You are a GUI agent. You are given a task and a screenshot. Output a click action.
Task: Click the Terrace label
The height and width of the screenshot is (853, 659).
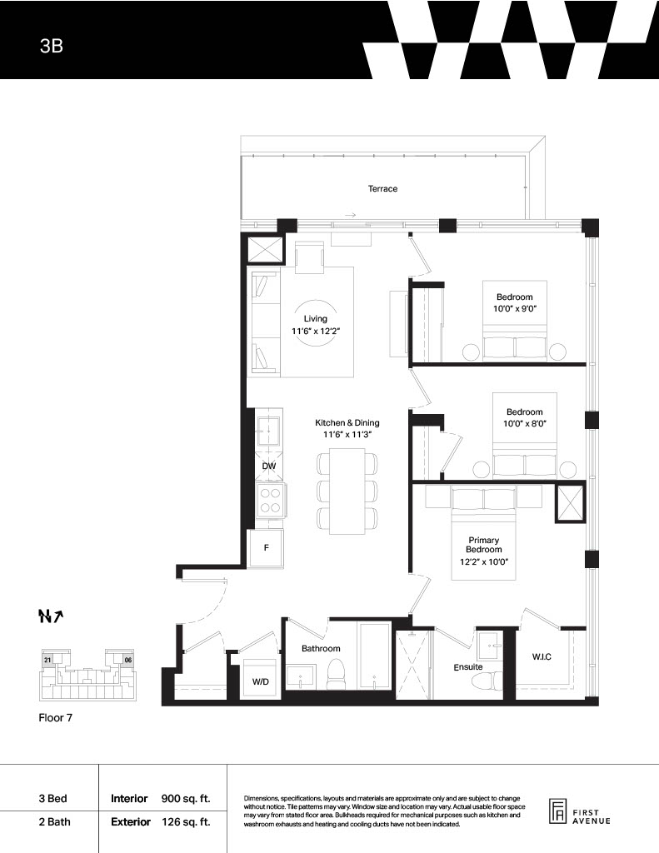(382, 189)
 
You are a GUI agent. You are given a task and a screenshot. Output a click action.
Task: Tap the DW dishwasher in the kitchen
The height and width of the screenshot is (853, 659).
(269, 466)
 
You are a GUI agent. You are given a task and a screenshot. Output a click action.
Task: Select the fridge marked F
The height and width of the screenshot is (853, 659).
(266, 548)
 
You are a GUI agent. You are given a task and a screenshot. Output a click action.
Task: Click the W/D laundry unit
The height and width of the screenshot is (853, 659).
(261, 677)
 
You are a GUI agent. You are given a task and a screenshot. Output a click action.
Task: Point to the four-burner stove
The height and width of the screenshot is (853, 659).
(269, 500)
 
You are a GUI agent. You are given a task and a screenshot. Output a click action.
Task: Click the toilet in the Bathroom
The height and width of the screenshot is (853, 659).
(335, 675)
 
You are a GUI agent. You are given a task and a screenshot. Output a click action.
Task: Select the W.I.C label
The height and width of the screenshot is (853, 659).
(542, 656)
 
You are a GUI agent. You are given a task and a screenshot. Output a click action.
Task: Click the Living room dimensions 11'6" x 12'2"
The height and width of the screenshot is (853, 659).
(316, 331)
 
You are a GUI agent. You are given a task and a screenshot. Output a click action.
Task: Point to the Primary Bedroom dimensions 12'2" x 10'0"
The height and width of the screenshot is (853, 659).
(484, 561)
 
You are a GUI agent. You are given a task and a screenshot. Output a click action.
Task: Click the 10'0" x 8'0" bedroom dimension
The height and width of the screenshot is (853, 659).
(525, 423)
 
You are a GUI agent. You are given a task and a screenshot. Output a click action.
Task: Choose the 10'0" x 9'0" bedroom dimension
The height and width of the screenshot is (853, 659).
(514, 308)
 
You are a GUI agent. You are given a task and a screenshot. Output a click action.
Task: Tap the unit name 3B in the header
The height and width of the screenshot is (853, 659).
(51, 46)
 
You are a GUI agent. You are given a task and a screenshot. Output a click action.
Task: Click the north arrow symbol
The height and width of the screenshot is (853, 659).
(51, 616)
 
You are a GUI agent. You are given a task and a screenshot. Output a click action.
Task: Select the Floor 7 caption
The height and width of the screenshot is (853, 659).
(56, 717)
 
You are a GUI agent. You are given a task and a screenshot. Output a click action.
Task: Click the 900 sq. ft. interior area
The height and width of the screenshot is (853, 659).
(186, 799)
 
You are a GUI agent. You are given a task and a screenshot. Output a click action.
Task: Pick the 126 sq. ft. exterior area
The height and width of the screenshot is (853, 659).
(186, 822)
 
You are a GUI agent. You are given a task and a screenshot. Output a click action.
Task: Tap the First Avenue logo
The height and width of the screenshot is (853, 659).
(579, 813)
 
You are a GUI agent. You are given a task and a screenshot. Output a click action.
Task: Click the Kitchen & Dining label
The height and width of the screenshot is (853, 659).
(347, 422)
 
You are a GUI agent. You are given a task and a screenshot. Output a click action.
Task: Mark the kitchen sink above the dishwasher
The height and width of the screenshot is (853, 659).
(268, 431)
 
